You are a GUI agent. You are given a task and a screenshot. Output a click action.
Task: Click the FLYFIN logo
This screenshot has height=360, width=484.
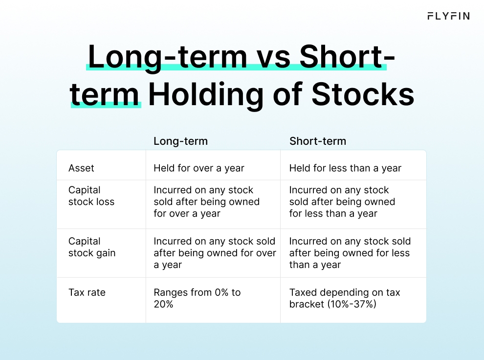pos(448,16)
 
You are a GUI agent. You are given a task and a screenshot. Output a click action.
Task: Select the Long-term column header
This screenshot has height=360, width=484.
pos(180,141)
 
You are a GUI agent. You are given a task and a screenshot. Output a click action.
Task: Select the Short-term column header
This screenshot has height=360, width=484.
pos(317,141)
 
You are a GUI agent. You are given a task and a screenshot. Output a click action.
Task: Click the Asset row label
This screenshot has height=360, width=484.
pos(82,168)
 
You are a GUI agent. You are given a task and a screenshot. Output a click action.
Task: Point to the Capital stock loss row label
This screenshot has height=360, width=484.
pos(91,196)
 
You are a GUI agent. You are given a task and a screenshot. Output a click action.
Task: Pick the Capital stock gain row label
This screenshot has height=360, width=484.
pos(92,247)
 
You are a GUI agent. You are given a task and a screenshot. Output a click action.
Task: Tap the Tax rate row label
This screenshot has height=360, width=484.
pos(87,292)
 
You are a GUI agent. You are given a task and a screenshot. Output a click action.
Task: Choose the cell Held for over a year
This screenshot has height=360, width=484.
pos(198,168)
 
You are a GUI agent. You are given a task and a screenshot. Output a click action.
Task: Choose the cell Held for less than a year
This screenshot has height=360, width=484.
pos(345,168)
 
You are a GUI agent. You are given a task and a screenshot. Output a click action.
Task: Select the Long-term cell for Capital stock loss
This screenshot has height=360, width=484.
pos(206,202)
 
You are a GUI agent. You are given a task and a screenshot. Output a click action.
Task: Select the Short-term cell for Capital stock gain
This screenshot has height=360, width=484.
pos(350,253)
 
